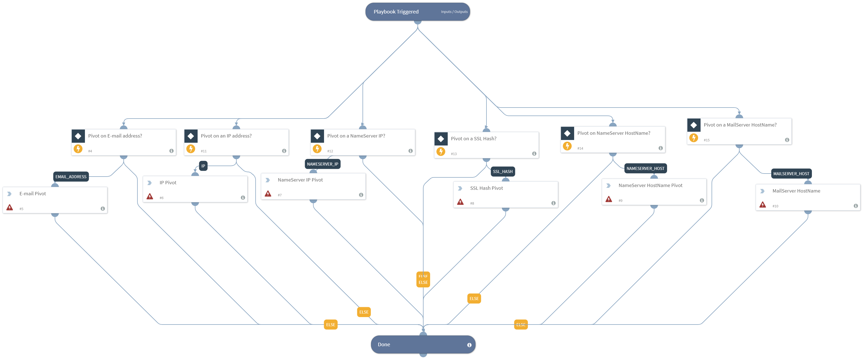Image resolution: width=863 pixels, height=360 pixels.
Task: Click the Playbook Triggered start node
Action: (396, 12)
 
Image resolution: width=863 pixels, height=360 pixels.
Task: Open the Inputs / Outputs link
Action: (454, 12)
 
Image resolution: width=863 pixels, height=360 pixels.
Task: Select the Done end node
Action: (384, 344)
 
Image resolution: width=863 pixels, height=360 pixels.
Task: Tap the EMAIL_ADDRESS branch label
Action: (71, 177)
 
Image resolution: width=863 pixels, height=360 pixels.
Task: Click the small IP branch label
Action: (203, 166)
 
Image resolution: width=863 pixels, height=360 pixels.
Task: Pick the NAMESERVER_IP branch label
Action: (322, 164)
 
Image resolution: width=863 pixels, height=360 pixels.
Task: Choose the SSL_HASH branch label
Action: (502, 171)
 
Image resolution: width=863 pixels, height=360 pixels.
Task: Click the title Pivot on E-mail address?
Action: (115, 136)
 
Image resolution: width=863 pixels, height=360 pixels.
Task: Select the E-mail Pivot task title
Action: (32, 193)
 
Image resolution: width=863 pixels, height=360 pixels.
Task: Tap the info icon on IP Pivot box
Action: (243, 198)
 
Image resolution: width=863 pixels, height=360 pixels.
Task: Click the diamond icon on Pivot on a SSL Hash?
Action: (441, 139)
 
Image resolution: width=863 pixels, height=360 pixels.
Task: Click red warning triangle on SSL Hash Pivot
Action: (460, 202)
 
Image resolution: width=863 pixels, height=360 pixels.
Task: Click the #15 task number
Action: (706, 140)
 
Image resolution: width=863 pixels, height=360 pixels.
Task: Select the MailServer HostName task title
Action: (796, 191)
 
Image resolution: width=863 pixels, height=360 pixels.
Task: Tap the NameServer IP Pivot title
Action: (300, 180)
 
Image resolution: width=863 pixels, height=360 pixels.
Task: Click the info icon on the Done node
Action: (469, 345)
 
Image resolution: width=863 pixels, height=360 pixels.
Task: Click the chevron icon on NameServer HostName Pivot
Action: (608, 185)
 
